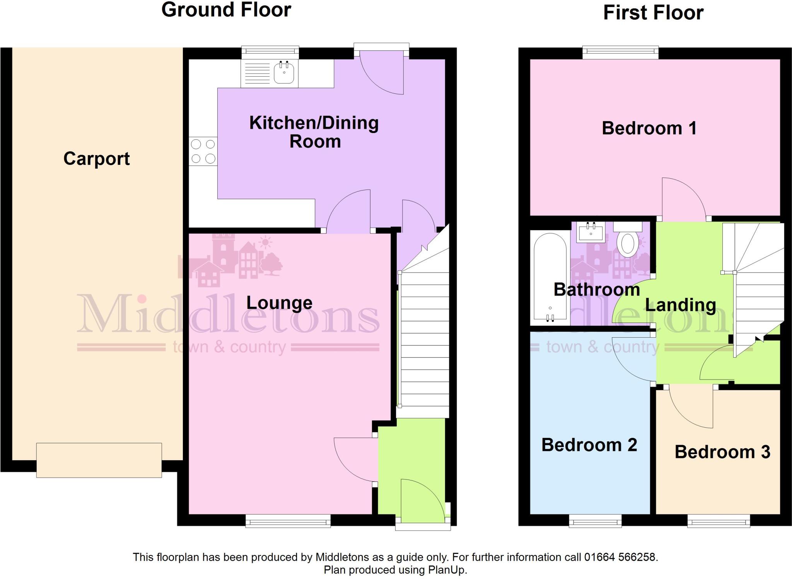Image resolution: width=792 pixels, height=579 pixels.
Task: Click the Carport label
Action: (97, 159)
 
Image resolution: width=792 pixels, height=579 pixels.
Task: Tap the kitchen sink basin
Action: (284, 73)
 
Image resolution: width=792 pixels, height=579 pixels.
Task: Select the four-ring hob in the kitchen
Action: (203, 151)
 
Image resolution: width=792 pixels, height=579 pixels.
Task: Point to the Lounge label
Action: (279, 303)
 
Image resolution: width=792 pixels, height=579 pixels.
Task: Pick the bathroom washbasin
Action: (591, 232)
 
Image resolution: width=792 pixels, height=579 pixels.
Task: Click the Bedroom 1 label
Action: (649, 128)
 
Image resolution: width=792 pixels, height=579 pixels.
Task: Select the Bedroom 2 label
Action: (589, 445)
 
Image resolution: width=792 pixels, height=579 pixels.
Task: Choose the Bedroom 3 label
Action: (722, 452)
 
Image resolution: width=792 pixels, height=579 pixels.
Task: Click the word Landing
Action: (680, 305)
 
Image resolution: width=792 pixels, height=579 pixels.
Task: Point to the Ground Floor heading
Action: (226, 10)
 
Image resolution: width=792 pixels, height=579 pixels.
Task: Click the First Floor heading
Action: (653, 13)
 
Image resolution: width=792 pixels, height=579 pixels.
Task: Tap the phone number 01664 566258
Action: (620, 557)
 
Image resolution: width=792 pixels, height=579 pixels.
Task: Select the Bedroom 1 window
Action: (620, 52)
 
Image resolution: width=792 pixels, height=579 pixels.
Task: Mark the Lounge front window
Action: (288, 521)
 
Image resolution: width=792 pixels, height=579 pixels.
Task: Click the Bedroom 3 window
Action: (719, 521)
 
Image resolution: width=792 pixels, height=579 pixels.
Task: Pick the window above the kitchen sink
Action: (270, 52)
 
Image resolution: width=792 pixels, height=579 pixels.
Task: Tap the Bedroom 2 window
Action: (595, 521)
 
